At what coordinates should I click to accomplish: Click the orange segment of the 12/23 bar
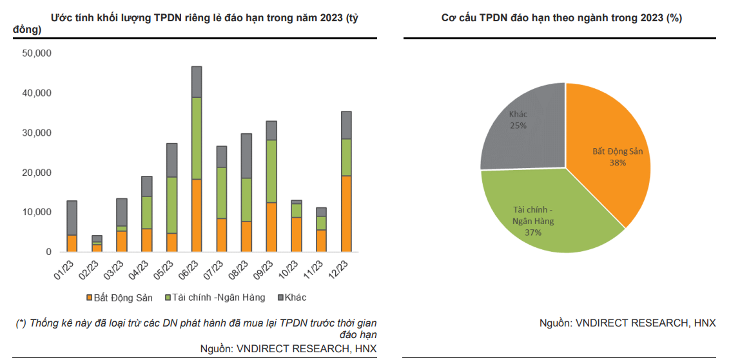[346, 213]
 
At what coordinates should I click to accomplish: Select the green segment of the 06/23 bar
[197, 138]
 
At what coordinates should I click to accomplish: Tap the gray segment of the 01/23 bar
[72, 218]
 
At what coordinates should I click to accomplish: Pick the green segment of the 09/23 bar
[271, 171]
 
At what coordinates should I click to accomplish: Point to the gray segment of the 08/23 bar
[246, 156]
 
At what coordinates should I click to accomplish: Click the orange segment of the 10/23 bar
[296, 234]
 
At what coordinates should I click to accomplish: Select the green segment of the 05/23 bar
[171, 205]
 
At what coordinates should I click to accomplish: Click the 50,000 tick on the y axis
[37, 53]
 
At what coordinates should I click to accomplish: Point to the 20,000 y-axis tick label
[37, 173]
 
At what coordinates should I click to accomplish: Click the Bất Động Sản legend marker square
[89, 298]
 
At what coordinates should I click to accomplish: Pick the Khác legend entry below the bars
[293, 298]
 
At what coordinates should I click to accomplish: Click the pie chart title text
[561, 18]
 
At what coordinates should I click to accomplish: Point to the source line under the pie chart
[627, 323]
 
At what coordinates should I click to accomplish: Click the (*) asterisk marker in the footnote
[21, 323]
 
